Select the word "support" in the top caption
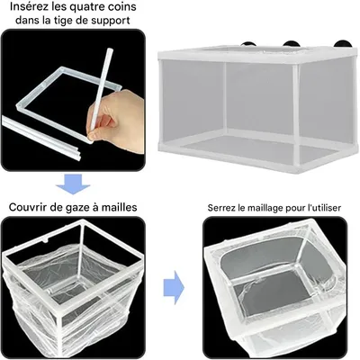point(117,23)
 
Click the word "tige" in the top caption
point(64,23)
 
